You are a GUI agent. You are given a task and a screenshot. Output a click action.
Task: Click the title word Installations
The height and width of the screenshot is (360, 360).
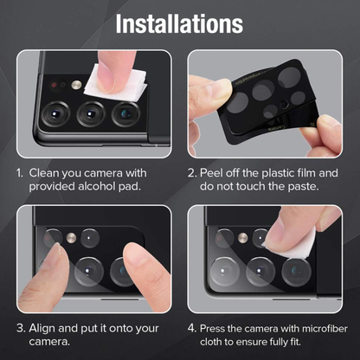click(179, 22)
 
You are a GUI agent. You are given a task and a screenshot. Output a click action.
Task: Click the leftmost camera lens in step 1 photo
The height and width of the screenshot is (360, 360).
click(58, 113)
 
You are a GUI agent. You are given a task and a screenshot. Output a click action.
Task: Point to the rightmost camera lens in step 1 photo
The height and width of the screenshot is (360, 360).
click(126, 113)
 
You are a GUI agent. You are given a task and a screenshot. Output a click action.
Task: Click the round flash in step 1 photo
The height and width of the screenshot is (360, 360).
click(75, 87)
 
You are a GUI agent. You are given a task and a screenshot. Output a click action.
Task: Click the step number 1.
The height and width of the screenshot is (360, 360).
click(19, 172)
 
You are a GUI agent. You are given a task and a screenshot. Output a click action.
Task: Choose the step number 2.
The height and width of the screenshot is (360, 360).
click(192, 172)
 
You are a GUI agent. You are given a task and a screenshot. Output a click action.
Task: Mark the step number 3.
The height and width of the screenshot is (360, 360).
click(19, 328)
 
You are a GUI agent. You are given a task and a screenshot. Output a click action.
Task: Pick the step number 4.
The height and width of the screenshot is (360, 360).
click(192, 328)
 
